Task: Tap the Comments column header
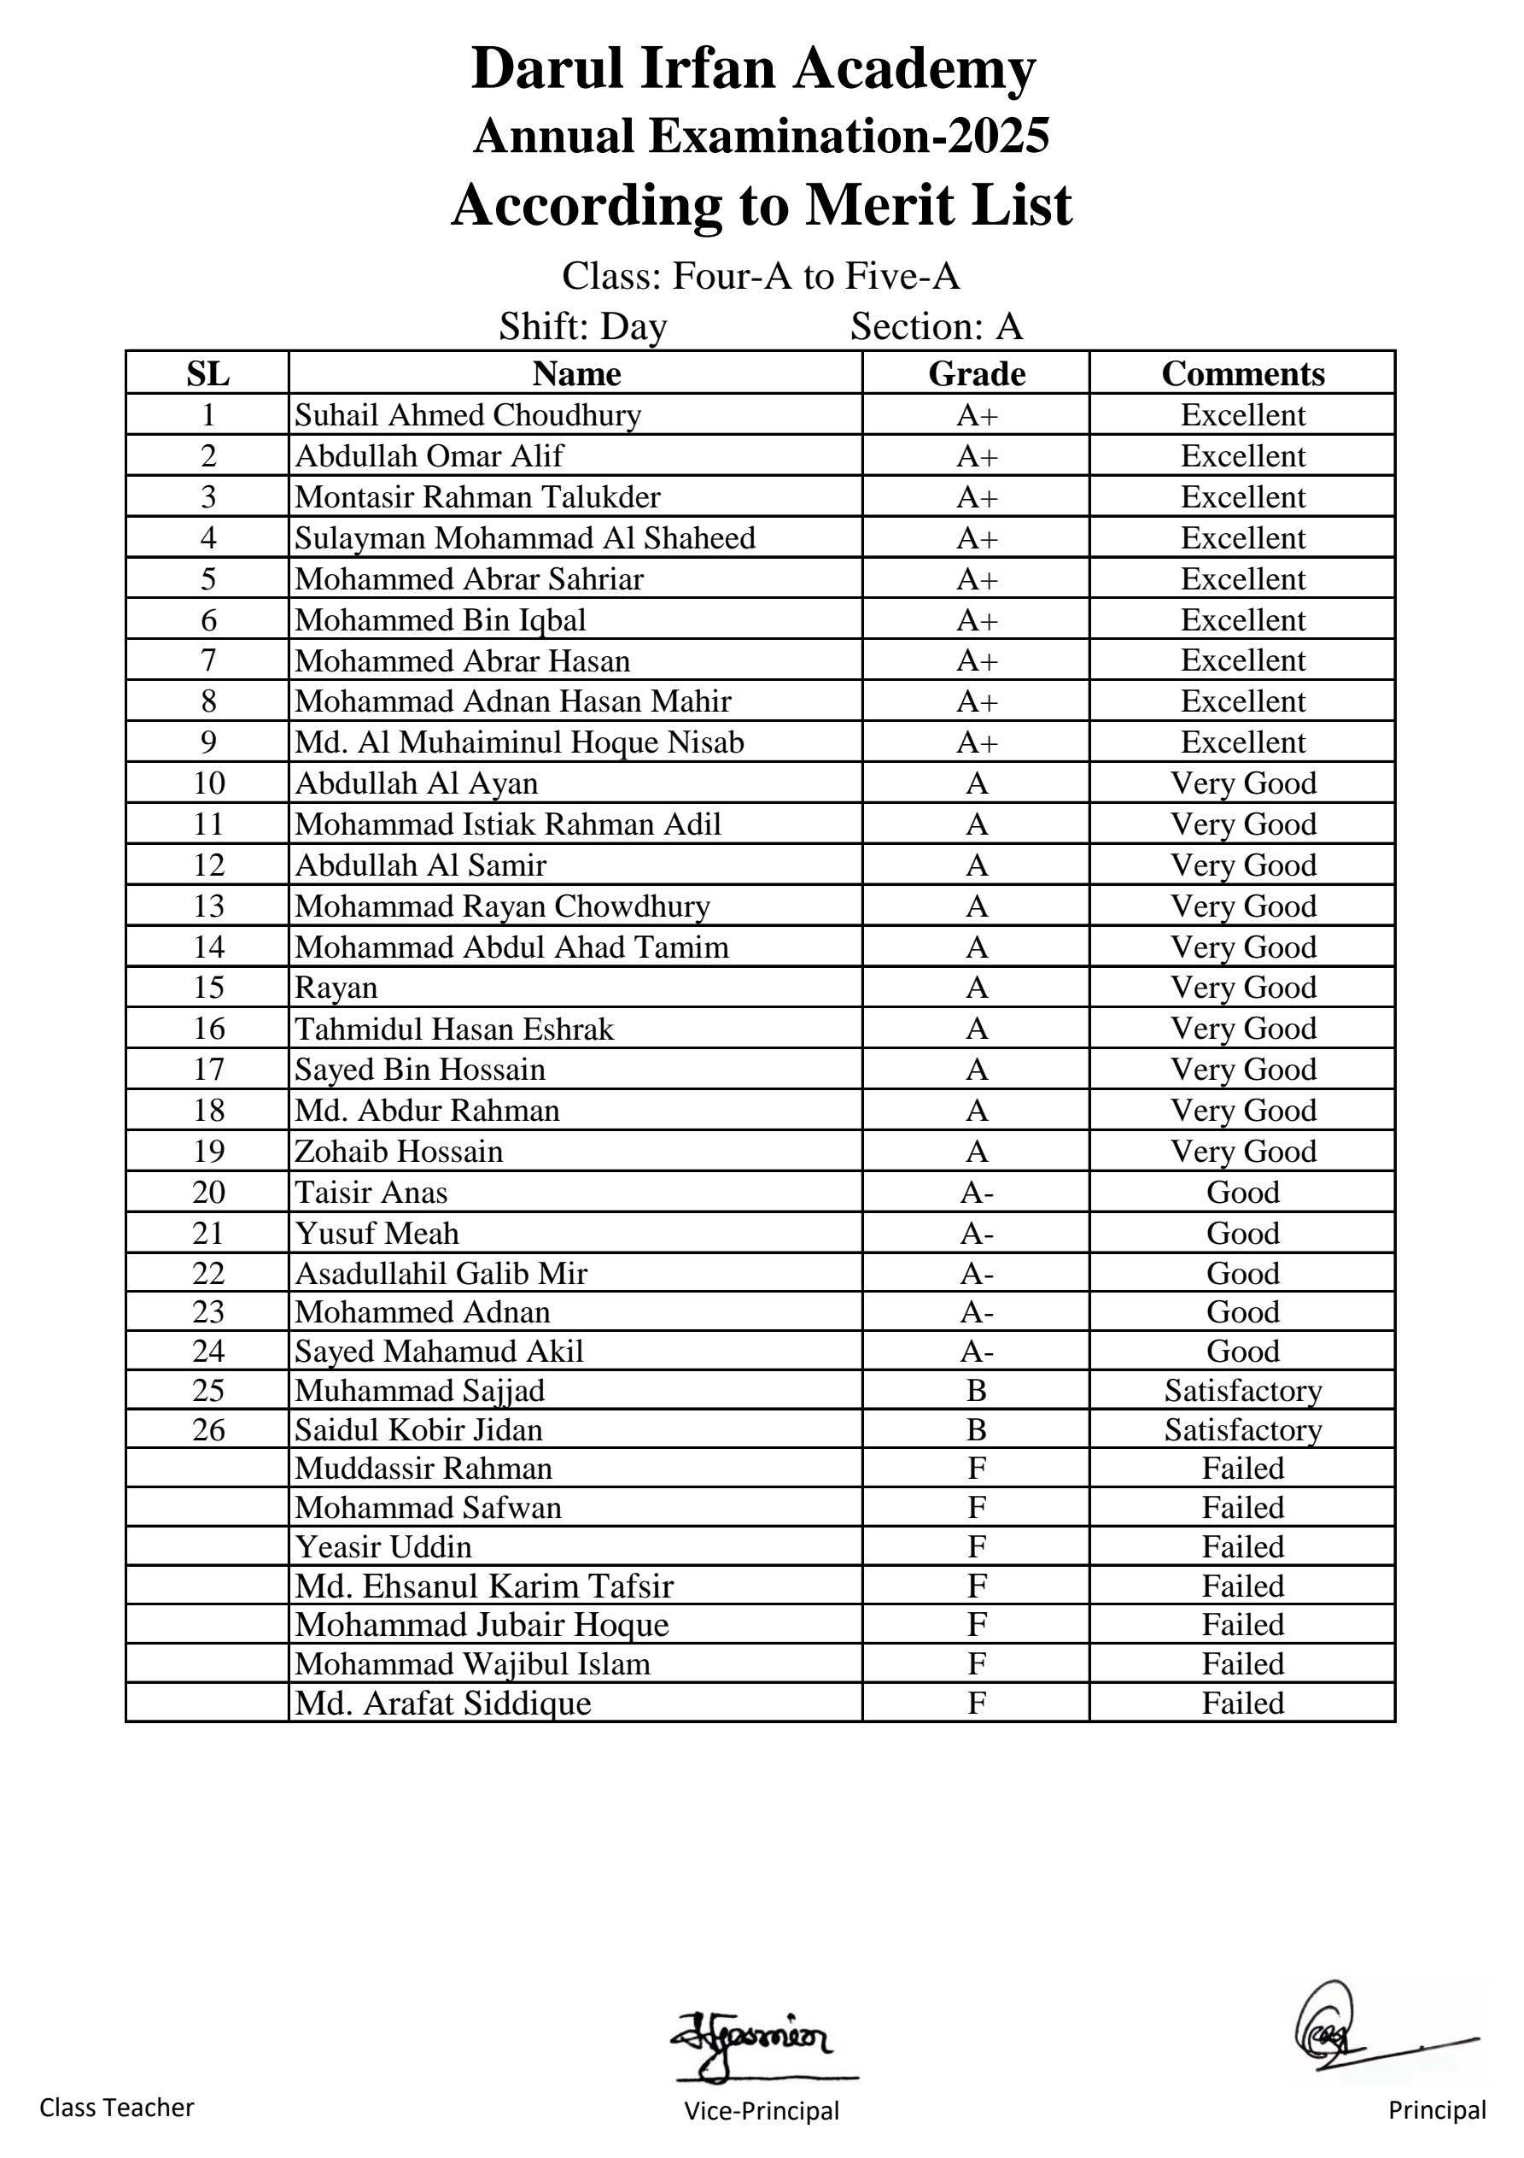coord(1242,374)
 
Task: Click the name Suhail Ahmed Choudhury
coord(467,415)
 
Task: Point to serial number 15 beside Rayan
coord(207,988)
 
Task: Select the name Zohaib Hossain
coord(399,1152)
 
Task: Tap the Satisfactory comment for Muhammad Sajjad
coord(1242,1390)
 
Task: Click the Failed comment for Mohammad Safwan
coord(1242,1508)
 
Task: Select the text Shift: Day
coord(582,327)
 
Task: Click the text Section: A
coord(936,327)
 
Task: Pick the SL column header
coord(207,374)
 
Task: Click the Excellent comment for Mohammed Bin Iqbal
coord(1242,620)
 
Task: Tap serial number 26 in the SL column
coord(207,1429)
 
